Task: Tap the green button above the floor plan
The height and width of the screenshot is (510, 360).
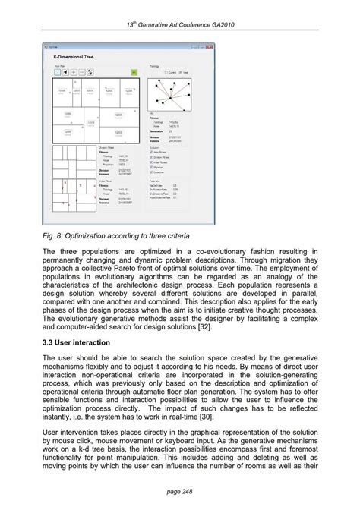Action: (134, 72)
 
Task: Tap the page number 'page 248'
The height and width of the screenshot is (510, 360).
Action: (180, 491)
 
